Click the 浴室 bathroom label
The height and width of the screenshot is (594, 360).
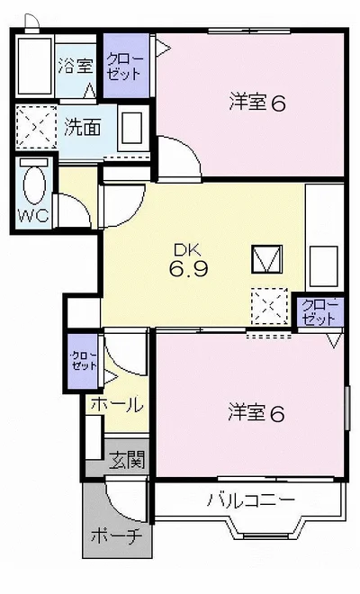pos(76,66)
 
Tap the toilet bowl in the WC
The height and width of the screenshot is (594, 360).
pos(34,184)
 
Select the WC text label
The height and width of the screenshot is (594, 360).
pos(33,216)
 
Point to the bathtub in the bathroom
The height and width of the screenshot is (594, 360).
pos(34,67)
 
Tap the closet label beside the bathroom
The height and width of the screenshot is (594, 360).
pos(125,67)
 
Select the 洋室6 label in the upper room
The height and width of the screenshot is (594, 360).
pos(257,103)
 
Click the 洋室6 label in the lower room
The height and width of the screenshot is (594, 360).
pos(256,413)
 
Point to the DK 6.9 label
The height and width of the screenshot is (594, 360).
pos(189,261)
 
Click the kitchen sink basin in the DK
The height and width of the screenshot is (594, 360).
pos(324,265)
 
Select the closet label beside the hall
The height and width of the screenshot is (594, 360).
pos(84,361)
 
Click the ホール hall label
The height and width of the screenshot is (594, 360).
pos(117,405)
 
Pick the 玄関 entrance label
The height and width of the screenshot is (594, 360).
pos(127,460)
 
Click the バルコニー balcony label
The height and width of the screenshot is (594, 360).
pos(250,500)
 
